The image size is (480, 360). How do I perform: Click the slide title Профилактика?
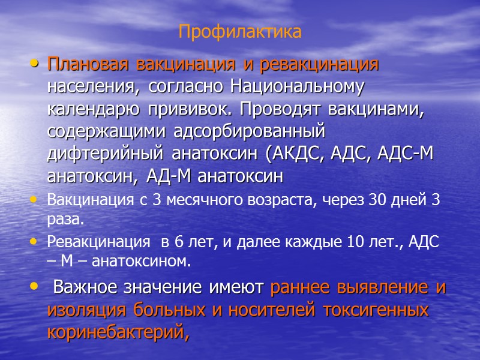239,31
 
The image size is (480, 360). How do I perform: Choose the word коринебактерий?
118,333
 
